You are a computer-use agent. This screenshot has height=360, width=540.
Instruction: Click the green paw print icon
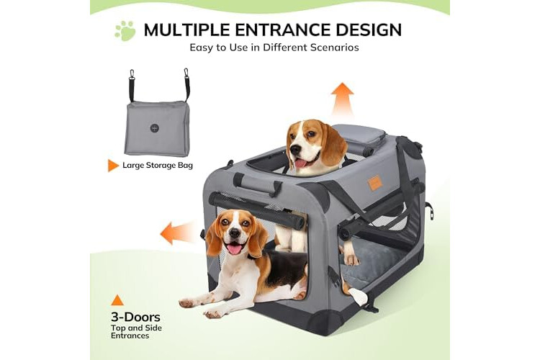125,31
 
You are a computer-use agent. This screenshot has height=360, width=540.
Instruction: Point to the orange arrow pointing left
177,232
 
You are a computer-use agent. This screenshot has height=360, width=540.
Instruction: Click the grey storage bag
158,128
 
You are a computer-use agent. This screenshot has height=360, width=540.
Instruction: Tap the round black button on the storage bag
155,128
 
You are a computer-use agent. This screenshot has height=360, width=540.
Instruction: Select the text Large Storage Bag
158,166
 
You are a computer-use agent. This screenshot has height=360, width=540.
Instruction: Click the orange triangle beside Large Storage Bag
112,166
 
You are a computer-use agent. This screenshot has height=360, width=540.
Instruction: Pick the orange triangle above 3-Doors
117,300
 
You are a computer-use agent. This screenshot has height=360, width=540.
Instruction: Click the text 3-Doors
135,317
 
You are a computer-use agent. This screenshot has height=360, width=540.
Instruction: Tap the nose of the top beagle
295,150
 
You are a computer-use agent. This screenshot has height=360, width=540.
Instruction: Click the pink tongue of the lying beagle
235,248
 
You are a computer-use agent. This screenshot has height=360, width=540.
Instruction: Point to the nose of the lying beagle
235,233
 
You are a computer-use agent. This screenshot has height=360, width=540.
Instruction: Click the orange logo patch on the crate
375,181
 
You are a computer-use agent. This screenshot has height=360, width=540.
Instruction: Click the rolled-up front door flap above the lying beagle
256,210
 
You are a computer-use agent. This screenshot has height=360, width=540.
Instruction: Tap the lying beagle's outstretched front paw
215,313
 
